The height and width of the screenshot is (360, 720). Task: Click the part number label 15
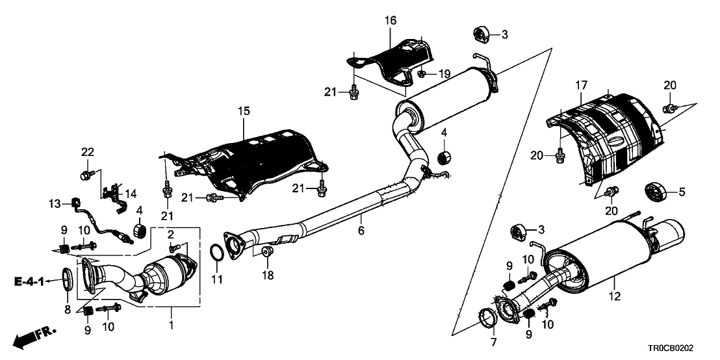(243, 112)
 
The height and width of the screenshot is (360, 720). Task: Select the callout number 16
(390, 21)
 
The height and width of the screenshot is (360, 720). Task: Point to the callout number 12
(615, 297)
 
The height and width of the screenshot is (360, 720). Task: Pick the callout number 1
(172, 323)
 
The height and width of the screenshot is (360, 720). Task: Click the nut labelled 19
(421, 74)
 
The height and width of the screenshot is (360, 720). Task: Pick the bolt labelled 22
(86, 174)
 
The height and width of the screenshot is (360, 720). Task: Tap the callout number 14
(131, 193)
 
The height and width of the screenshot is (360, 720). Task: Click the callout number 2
(171, 235)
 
